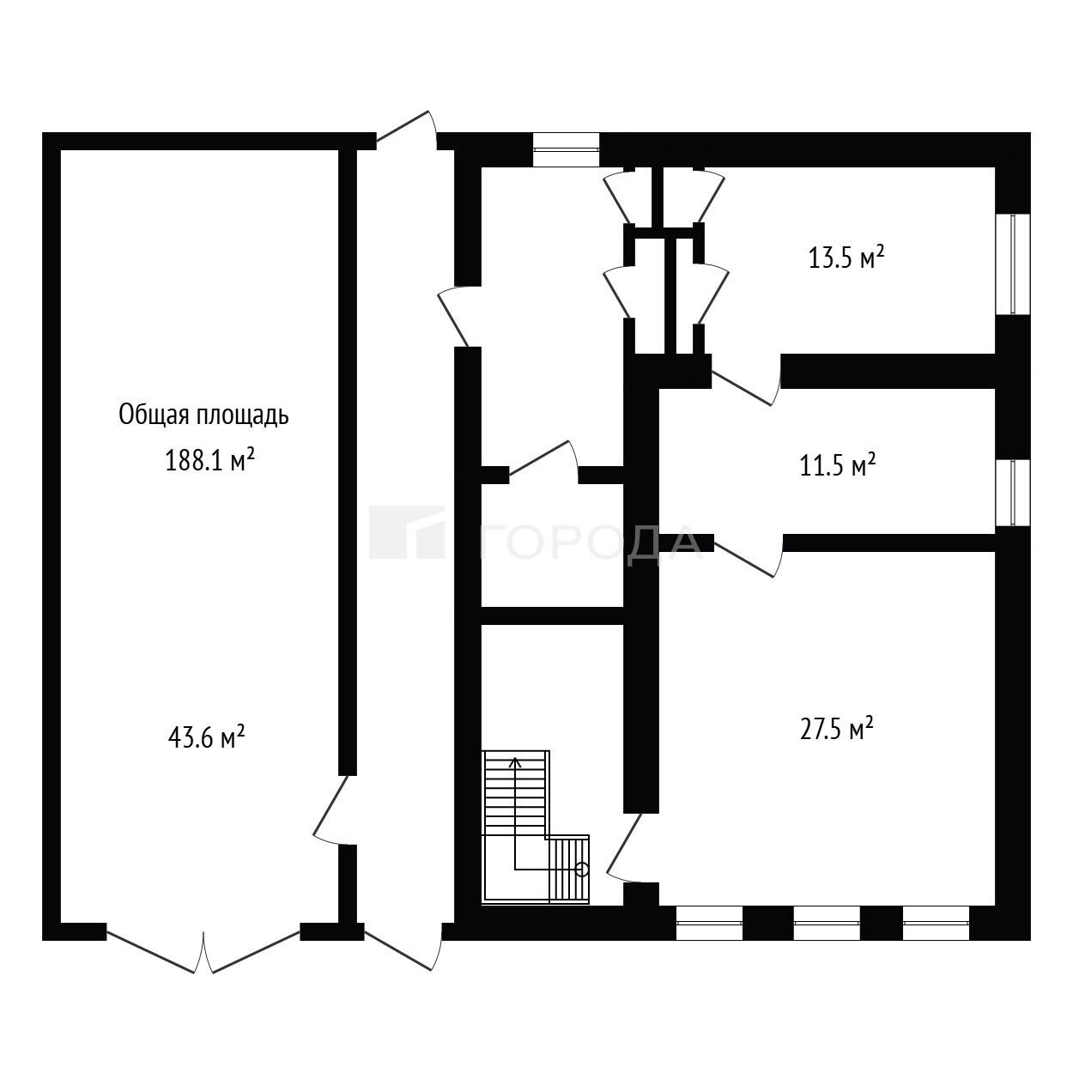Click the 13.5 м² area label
pyautogui.click(x=846, y=258)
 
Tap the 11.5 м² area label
pyautogui.click(x=838, y=464)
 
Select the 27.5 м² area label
pyautogui.click(x=836, y=729)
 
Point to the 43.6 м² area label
pyautogui.click(x=206, y=737)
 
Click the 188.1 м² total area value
pyautogui.click(x=210, y=460)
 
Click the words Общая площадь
pyautogui.click(x=203, y=415)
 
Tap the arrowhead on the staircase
pyautogui.click(x=516, y=761)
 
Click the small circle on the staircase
pyautogui.click(x=582, y=870)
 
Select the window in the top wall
pyautogui.click(x=567, y=149)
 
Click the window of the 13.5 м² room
pyautogui.click(x=1013, y=264)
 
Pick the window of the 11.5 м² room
pyautogui.click(x=1013, y=492)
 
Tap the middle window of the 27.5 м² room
pyautogui.click(x=827, y=923)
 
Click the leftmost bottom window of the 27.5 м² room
pyautogui.click(x=709, y=923)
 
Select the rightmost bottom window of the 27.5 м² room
pyautogui.click(x=936, y=923)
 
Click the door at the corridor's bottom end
pyautogui.click(x=403, y=948)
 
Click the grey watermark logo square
pyautogui.click(x=407, y=531)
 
